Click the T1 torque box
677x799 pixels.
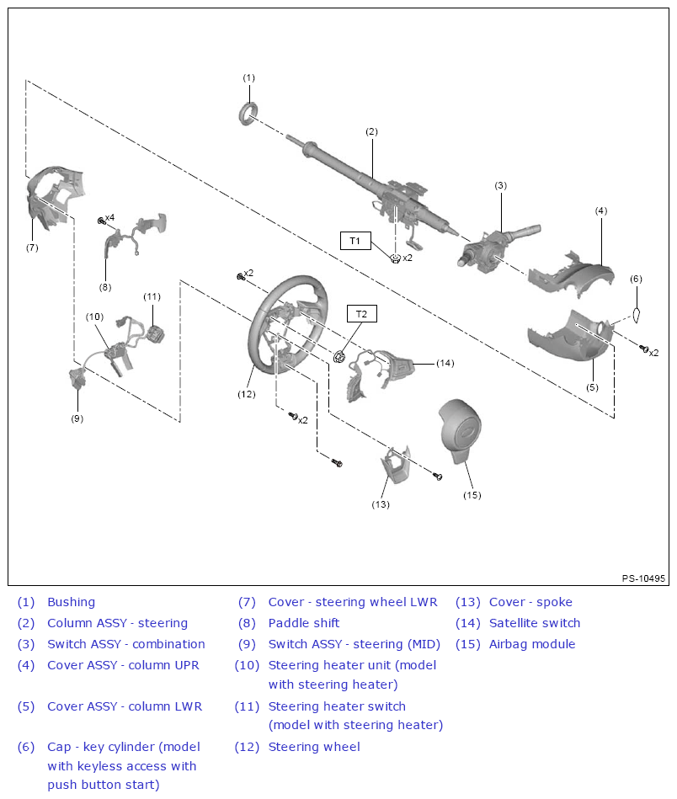click(x=355, y=241)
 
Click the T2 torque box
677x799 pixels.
click(x=361, y=314)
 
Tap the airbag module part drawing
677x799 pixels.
click(x=462, y=430)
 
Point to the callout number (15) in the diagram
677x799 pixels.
click(x=472, y=495)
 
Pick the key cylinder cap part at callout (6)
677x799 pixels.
click(x=637, y=315)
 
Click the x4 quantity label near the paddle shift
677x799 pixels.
click(x=109, y=218)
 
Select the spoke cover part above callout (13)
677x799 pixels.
click(x=393, y=467)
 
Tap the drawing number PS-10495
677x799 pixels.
click(x=643, y=578)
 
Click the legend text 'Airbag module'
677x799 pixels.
click(x=531, y=644)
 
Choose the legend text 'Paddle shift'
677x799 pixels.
click(x=304, y=623)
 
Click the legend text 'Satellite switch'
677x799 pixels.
click(x=535, y=623)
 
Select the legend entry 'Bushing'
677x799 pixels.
click(x=71, y=602)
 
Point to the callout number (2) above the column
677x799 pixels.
click(x=371, y=131)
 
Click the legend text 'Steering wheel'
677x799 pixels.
click(x=313, y=747)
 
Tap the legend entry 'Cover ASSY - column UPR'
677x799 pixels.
click(x=123, y=665)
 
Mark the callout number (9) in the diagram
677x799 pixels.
click(x=77, y=418)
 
